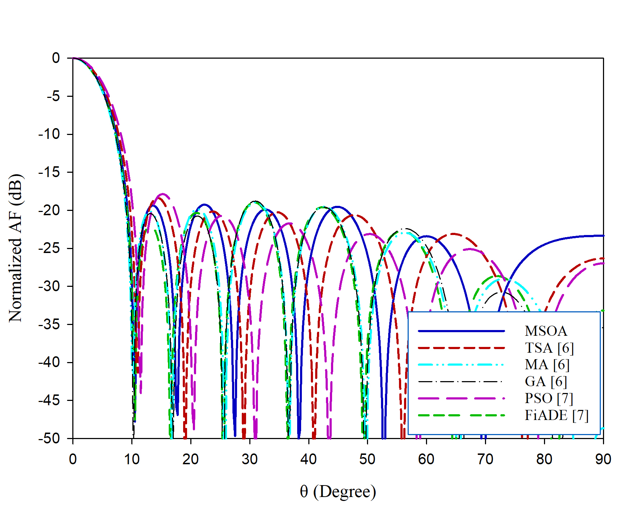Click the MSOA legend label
546,331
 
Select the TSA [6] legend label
549,348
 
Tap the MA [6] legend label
547,365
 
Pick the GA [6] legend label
546,381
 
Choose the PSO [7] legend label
549,398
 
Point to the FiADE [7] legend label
556,415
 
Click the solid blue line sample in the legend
461,331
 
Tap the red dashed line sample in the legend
461,348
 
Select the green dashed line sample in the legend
461,415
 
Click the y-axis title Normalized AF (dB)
16,248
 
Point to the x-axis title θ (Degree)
338,492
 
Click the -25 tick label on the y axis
50,248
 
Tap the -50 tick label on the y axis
50,438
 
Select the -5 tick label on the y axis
53,96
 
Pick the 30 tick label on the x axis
250,459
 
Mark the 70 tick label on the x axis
485,459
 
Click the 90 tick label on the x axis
603,459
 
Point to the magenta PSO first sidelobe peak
163,194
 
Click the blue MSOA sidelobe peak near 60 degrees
426,236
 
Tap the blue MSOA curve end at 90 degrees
603,236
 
